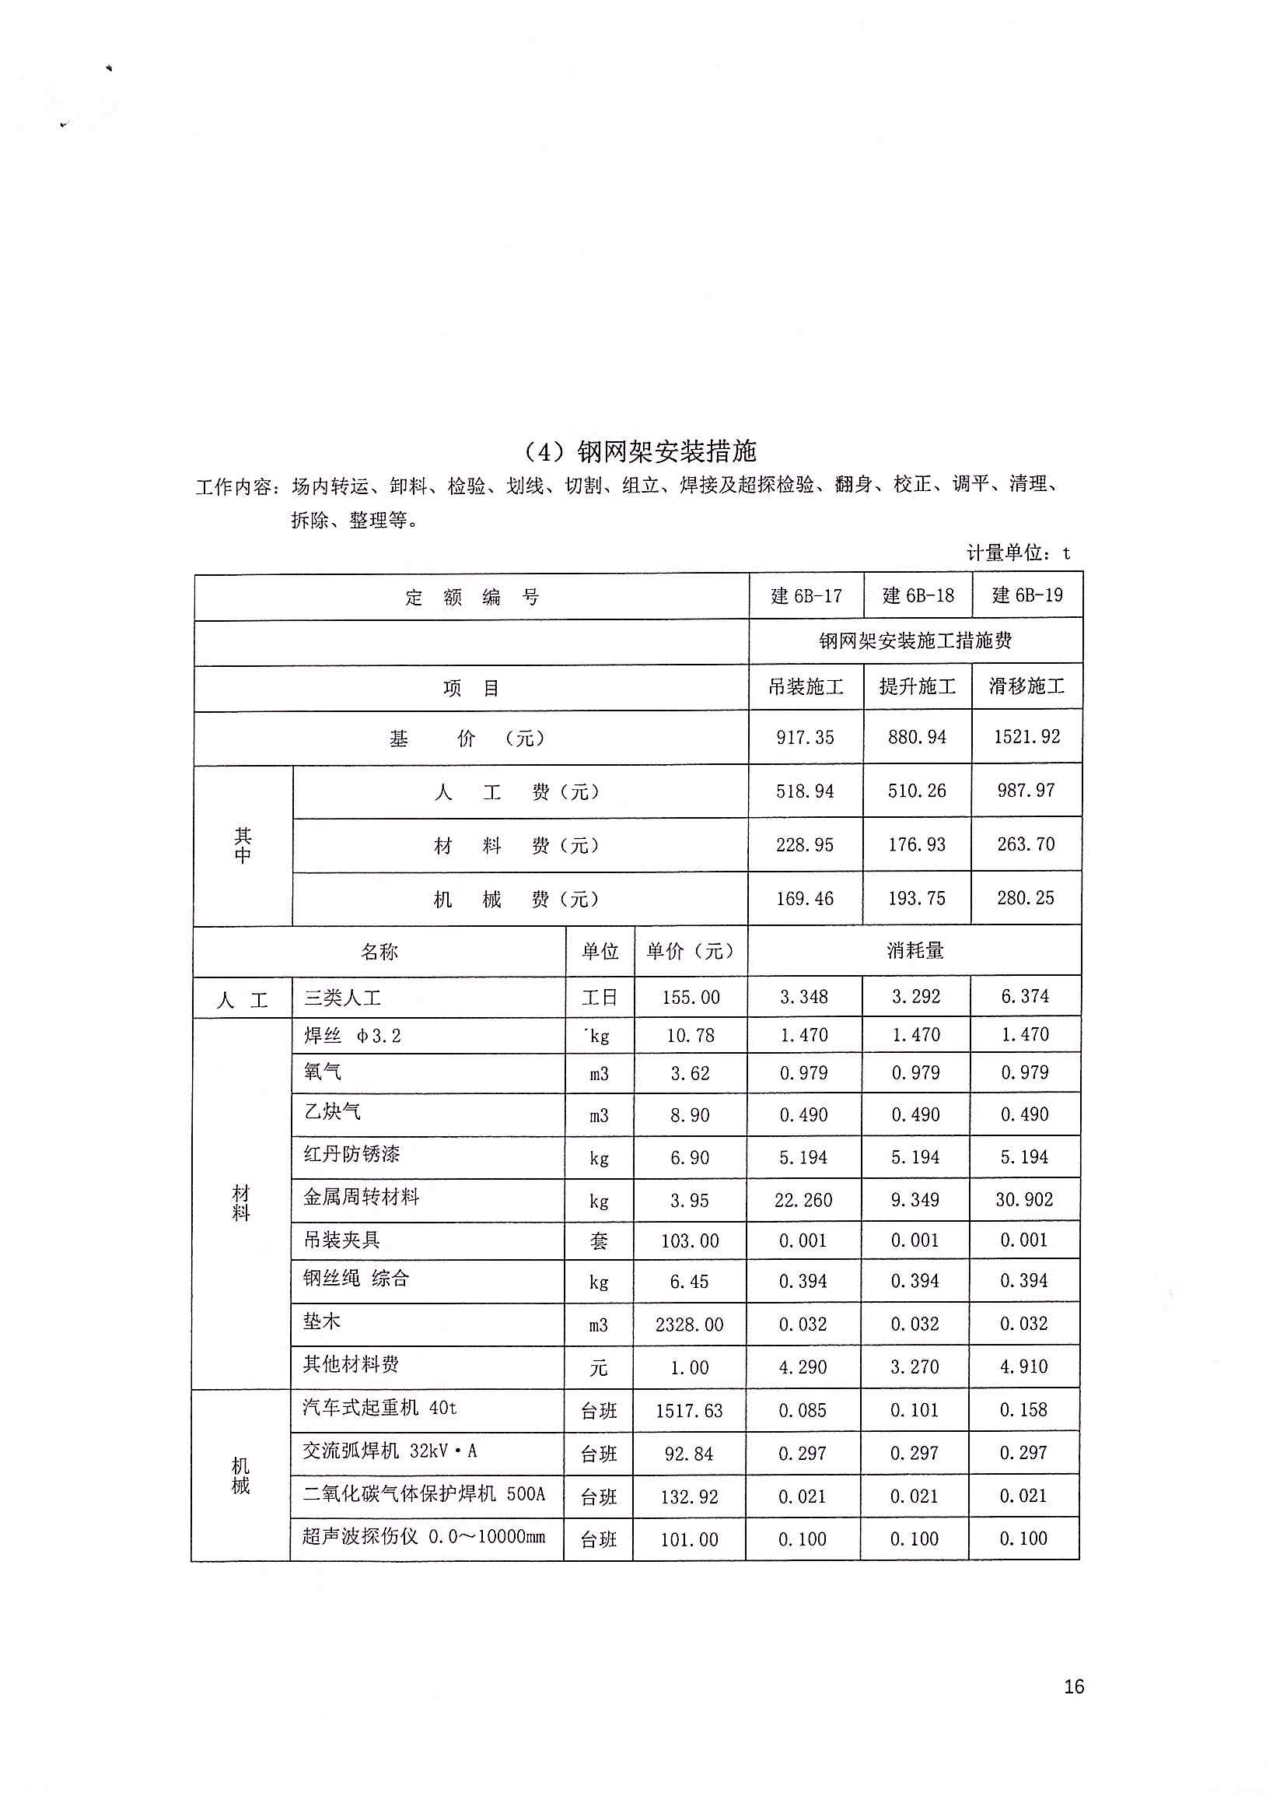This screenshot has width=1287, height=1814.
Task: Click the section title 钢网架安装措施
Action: click(640, 451)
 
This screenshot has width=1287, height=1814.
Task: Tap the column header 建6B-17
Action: click(806, 596)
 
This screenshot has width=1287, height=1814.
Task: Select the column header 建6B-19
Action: click(1027, 595)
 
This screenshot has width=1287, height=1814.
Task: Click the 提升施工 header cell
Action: click(917, 686)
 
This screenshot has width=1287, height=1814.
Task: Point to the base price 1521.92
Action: click(1027, 736)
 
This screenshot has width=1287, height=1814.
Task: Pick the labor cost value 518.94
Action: click(805, 791)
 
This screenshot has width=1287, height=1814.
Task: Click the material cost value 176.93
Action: click(917, 844)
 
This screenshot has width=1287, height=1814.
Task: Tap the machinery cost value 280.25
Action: click(1026, 898)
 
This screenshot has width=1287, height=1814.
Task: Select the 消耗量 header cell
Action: click(915, 951)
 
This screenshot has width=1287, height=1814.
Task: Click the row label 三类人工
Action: click(342, 998)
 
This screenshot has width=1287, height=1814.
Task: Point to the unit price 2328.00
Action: click(690, 1325)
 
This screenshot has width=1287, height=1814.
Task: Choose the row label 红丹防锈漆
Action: click(351, 1153)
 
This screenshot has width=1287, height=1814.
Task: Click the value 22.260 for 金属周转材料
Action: click(803, 1200)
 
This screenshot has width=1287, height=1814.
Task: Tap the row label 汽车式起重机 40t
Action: click(379, 1407)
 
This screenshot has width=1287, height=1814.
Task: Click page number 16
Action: click(1074, 1686)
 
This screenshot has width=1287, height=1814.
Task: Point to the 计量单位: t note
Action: click(1019, 553)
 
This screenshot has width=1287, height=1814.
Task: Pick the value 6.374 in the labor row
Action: click(1025, 997)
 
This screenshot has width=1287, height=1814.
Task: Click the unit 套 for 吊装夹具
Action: click(599, 1240)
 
